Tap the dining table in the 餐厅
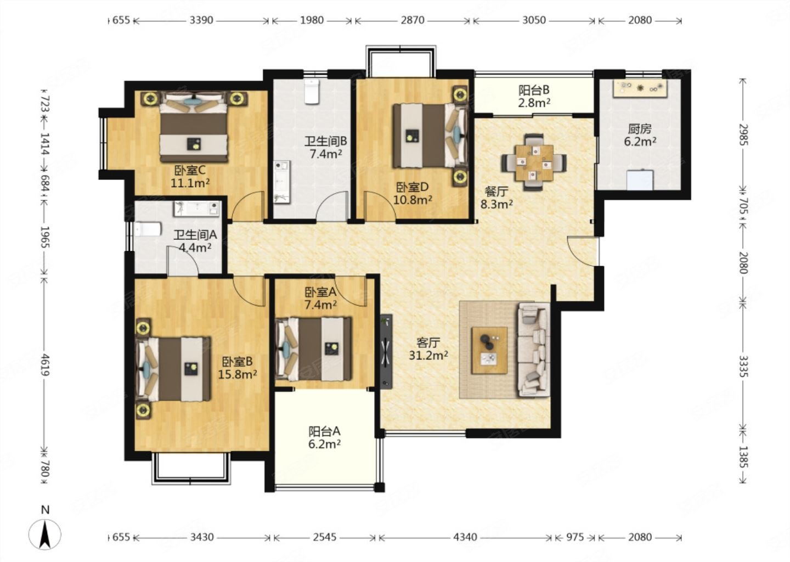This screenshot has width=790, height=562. tap(534, 162)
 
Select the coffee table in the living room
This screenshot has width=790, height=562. tap(489, 350)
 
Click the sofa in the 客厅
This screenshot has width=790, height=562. tap(534, 349)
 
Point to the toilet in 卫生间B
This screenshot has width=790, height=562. tap(312, 92)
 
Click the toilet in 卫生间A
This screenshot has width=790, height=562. tap(148, 229)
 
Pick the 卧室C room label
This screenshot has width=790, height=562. tap(190, 170)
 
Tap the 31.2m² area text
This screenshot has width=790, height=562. tap(428, 355)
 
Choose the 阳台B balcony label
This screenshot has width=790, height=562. tap(534, 90)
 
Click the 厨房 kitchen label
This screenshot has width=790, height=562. tap(640, 129)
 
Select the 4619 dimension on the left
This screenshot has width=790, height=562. tap(45, 364)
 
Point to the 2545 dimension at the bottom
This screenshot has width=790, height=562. tap(324, 537)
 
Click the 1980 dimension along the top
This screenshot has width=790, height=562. tap(312, 20)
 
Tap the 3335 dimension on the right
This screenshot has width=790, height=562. tap(743, 366)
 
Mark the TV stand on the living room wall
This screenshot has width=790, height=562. tap(386, 351)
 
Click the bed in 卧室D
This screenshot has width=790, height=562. tap(430, 136)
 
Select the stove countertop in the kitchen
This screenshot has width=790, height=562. tap(640, 88)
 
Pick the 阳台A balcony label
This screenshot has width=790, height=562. tap(324, 431)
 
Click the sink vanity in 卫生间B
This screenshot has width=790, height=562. tap(282, 182)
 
